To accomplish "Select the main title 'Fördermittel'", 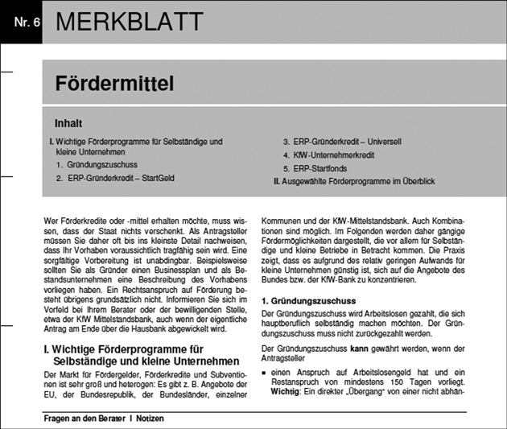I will tap(113, 83).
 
